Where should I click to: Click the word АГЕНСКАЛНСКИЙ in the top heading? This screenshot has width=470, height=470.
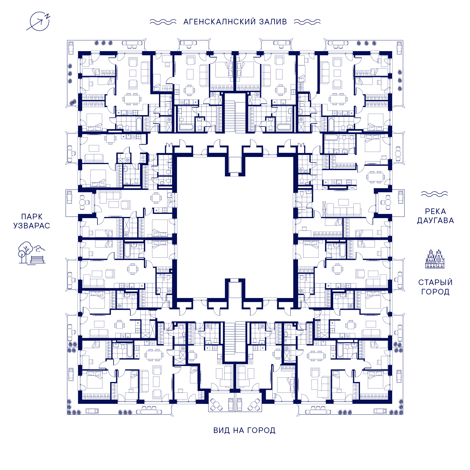(x=220, y=22)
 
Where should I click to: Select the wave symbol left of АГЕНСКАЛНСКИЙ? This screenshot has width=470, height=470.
(x=163, y=22)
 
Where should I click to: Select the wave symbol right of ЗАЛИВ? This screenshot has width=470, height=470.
(x=307, y=22)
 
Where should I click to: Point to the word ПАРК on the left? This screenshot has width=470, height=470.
(x=32, y=217)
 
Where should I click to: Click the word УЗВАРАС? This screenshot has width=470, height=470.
(x=32, y=226)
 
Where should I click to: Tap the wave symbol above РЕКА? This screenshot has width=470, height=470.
(x=434, y=194)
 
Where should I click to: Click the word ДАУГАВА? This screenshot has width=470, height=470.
(x=435, y=220)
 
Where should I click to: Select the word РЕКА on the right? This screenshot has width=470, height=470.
(x=435, y=211)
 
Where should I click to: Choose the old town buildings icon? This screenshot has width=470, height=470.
(x=435, y=259)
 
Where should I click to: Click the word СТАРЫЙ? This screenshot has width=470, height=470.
(x=435, y=282)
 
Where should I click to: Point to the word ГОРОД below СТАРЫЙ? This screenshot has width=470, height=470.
(x=435, y=292)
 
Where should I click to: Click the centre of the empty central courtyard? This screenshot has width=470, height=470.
(x=235, y=228)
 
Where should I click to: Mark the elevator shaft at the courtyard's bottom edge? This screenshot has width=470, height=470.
(x=235, y=289)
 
